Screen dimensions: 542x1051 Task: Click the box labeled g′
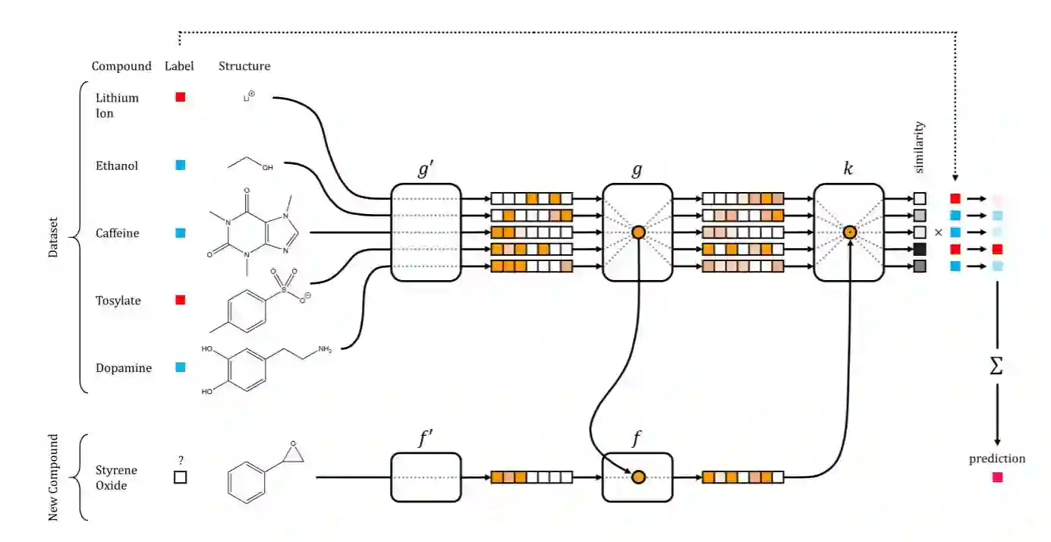[426, 232]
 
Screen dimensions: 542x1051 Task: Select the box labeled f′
[426, 477]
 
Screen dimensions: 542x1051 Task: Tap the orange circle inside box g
[637, 232]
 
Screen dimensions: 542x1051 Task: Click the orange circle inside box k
[850, 232]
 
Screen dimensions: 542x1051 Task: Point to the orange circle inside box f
[637, 477]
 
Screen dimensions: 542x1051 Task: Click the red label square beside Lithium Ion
[181, 97]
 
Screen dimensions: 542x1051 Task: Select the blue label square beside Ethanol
[181, 165]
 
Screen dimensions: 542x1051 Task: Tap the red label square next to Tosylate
[181, 300]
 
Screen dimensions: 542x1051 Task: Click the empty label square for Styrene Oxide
[181, 477]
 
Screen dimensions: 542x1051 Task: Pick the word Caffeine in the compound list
[117, 233]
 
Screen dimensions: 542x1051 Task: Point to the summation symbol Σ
[996, 367]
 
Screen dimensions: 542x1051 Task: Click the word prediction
[997, 458]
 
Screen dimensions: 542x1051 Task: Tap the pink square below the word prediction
[997, 477]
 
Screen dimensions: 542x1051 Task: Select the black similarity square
[920, 249]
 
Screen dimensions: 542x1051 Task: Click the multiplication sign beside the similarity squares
[938, 232]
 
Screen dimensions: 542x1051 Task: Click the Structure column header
[244, 66]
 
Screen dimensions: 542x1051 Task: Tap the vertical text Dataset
[53, 237]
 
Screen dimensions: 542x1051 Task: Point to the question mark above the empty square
[181, 460]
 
